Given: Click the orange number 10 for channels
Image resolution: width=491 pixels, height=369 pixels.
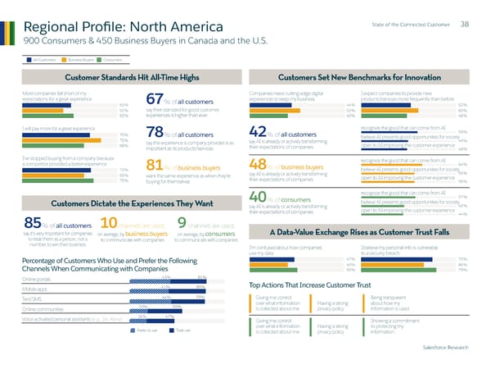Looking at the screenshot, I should coord(110,199).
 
